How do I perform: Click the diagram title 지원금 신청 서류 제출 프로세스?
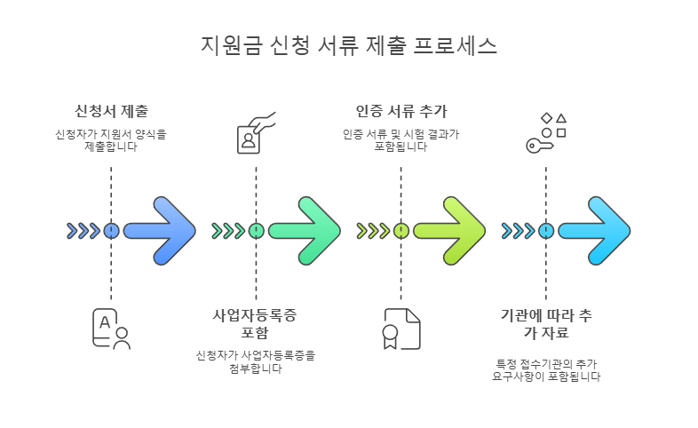point(349,45)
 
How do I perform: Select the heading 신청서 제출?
point(111,111)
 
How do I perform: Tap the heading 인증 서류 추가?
point(401,111)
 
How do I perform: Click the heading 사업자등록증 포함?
point(256,324)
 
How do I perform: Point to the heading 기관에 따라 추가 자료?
point(545,324)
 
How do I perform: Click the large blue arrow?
point(160,231)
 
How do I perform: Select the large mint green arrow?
point(305,231)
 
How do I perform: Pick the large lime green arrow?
point(449,231)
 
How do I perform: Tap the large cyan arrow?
point(594,231)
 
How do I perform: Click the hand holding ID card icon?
point(256,132)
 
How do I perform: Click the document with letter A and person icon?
point(111,329)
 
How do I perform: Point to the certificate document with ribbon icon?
point(401,329)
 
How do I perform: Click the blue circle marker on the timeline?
point(111,231)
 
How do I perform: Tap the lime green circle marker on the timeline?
point(401,231)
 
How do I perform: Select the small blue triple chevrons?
point(83,231)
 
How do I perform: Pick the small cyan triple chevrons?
point(518,231)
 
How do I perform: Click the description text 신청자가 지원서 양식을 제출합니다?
point(111,140)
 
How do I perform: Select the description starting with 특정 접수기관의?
point(545,370)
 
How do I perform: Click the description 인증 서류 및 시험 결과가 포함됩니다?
point(401,140)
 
